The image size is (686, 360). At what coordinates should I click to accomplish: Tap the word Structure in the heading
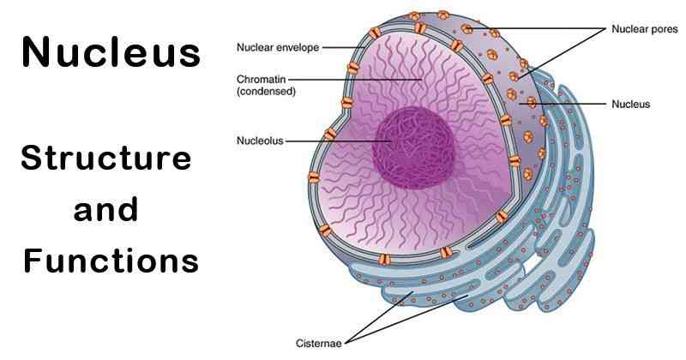point(107,159)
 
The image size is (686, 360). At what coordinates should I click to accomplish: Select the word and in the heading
point(106,210)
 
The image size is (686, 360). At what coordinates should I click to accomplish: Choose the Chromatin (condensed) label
point(266,86)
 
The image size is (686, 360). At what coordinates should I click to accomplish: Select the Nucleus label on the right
point(630,105)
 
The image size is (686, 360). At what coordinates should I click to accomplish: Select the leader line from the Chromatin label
point(360,80)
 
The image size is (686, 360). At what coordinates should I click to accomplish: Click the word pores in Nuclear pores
point(663,29)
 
